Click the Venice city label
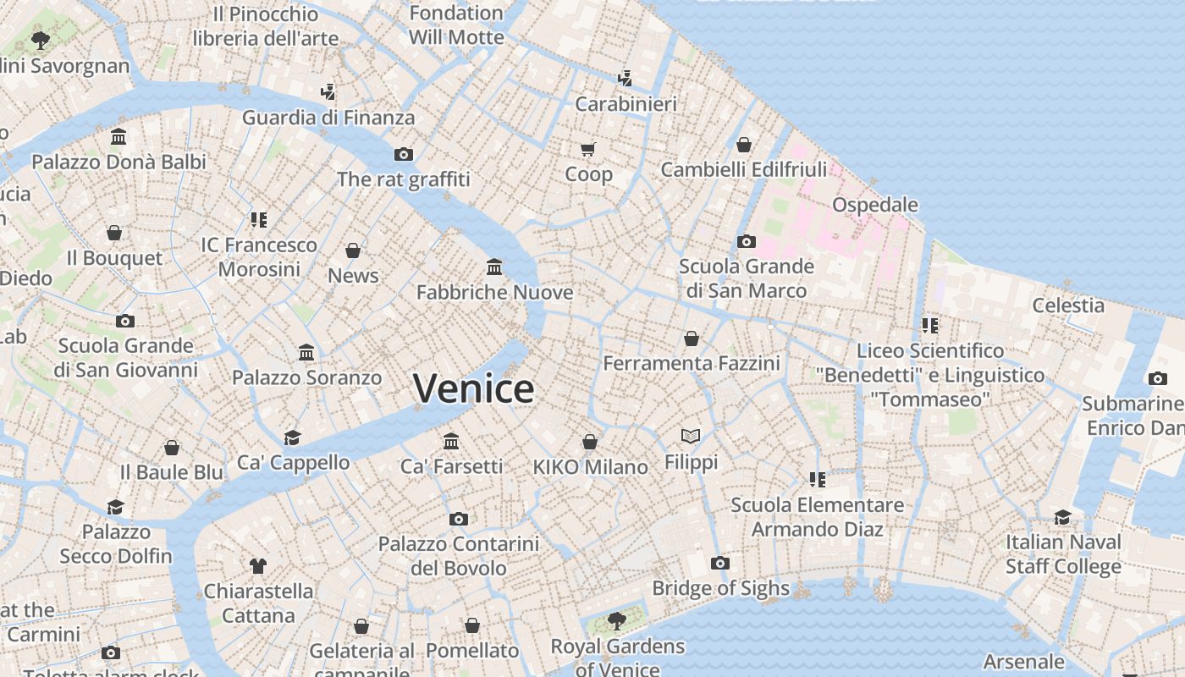click(x=473, y=388)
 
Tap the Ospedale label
click(x=874, y=205)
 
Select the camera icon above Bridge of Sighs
click(x=719, y=564)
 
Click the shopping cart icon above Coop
click(x=588, y=149)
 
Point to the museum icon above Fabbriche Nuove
click(x=494, y=267)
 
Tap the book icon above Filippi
click(x=691, y=437)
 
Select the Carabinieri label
click(x=626, y=104)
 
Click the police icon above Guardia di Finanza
click(x=328, y=91)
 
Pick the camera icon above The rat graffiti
click(x=404, y=154)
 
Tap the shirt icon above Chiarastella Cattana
click(x=258, y=565)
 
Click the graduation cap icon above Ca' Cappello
click(x=293, y=438)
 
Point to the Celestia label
click(x=1068, y=305)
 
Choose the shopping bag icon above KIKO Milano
click(x=590, y=442)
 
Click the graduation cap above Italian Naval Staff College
click(x=1062, y=517)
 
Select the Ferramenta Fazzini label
click(x=691, y=364)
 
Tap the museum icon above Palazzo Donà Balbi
click(x=118, y=137)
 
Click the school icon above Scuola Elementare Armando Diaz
click(x=817, y=480)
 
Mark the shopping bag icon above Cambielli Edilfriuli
click(x=743, y=145)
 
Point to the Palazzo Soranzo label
click(x=306, y=377)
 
